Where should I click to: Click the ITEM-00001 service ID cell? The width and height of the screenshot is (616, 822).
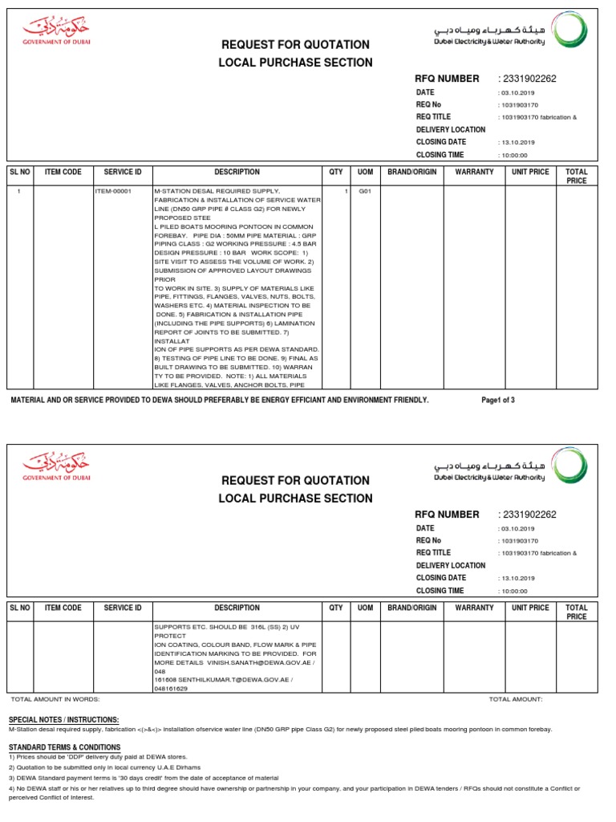click(x=112, y=192)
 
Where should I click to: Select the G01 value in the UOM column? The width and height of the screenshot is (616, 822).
click(x=365, y=192)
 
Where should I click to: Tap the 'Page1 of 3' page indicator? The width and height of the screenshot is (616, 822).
click(x=498, y=400)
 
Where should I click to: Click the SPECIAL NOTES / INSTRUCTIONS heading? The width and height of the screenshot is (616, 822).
click(x=63, y=719)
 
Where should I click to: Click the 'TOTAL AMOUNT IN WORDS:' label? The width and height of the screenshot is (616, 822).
click(x=55, y=699)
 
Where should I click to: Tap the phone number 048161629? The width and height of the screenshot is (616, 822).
click(x=171, y=688)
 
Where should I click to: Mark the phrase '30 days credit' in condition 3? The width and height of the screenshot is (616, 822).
click(x=123, y=778)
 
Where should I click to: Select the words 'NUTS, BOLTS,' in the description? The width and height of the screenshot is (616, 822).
click(x=290, y=297)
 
